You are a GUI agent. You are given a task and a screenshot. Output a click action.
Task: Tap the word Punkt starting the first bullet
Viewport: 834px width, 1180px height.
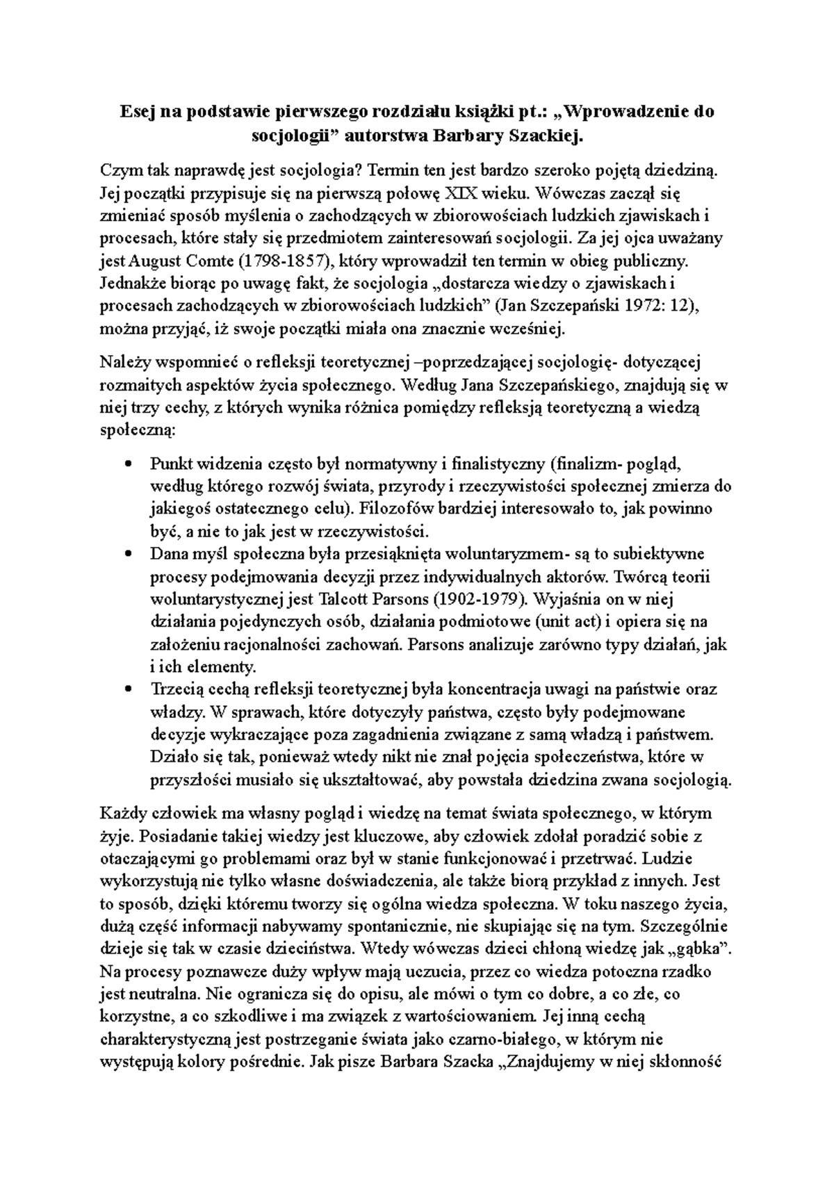click(171, 464)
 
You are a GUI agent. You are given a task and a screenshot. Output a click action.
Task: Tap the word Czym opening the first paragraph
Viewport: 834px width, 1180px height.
click(119, 169)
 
